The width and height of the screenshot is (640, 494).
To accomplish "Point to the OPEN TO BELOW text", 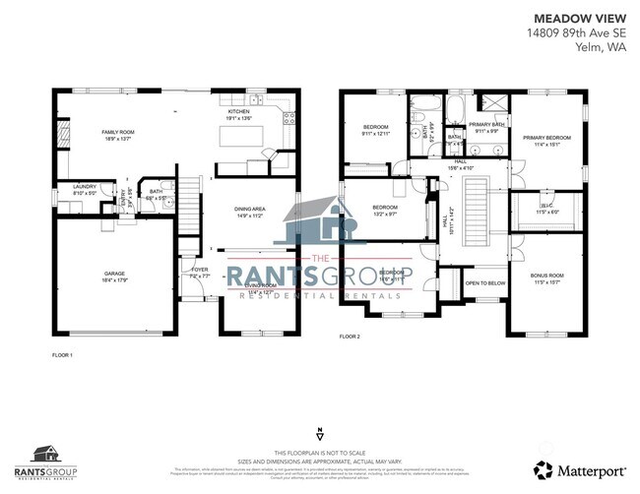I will (483, 282).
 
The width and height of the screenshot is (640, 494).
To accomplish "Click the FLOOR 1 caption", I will (62, 353).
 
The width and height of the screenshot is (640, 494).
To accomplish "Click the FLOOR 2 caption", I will (351, 337).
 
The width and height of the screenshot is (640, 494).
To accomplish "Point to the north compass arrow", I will (319, 434).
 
